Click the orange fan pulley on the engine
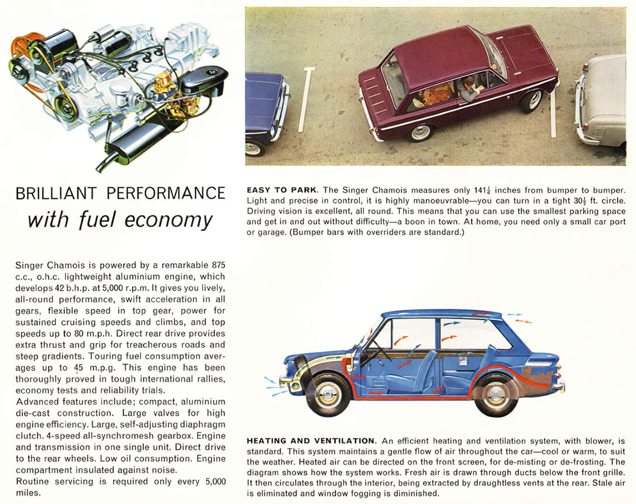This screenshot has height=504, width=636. [x=23, y=44]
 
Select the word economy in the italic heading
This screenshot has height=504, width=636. [x=168, y=220]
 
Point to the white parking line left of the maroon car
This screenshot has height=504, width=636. [x=306, y=99]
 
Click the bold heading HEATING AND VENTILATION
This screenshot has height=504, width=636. [x=310, y=441]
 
